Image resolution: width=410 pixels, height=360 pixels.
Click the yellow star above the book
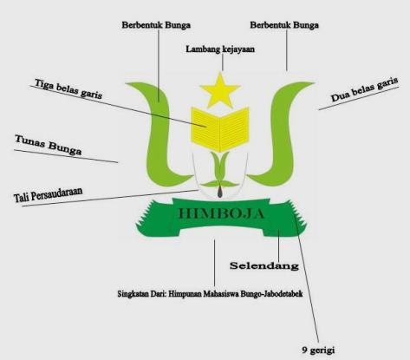point(220,91)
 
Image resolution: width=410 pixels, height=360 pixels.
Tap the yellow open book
point(220,129)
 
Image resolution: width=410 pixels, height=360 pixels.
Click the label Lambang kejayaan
point(220,49)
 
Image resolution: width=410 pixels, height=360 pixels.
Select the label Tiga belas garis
point(68,88)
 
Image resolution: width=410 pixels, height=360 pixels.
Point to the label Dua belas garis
point(365,89)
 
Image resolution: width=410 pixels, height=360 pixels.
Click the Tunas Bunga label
point(49,145)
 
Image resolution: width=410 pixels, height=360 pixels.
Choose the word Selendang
point(264,265)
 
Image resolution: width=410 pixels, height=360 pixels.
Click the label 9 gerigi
point(318,350)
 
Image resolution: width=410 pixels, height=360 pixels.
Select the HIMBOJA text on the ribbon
point(221,213)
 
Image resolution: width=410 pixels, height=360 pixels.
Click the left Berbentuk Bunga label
point(156,25)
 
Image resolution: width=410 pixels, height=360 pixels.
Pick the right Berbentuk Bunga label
point(284,25)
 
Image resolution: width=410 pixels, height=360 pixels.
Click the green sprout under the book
point(220,170)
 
